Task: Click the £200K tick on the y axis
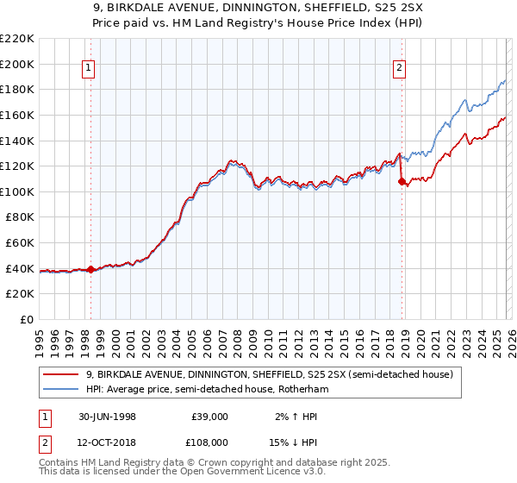pyautogui.click(x=18, y=64)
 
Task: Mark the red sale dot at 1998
pyautogui.click(x=91, y=270)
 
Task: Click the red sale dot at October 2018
pyautogui.click(x=402, y=181)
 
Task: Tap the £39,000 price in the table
pyautogui.click(x=209, y=416)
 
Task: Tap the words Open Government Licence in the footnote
pyautogui.click(x=239, y=473)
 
